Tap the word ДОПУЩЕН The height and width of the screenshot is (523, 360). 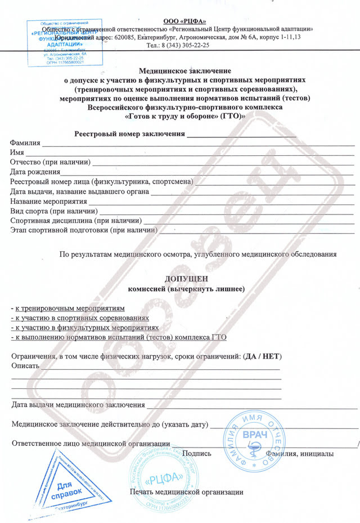click(185, 279)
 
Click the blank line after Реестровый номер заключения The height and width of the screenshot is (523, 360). click(241, 133)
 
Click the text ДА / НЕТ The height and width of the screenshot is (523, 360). click(262, 357)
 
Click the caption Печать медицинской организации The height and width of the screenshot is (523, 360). click(187, 492)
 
